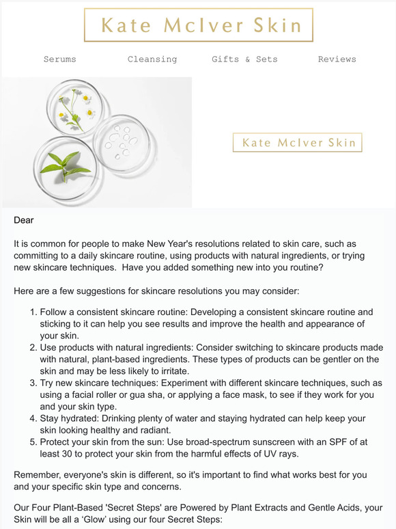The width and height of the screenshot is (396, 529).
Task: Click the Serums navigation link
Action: pyautogui.click(x=60, y=59)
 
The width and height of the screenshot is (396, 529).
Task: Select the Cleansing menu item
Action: pyautogui.click(x=152, y=59)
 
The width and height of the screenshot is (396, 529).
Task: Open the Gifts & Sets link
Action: pyautogui.click(x=244, y=59)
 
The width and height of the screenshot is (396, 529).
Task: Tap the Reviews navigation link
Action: pyautogui.click(x=337, y=59)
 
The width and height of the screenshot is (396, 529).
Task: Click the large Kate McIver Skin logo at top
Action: pyautogui.click(x=199, y=26)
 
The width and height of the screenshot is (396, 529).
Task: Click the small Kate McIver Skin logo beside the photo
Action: pyautogui.click(x=297, y=143)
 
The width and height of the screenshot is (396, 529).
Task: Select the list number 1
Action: pyautogui.click(x=33, y=312)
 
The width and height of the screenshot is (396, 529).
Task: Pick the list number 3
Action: pyautogui.click(x=33, y=383)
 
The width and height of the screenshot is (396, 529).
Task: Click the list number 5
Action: pyautogui.click(x=33, y=442)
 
